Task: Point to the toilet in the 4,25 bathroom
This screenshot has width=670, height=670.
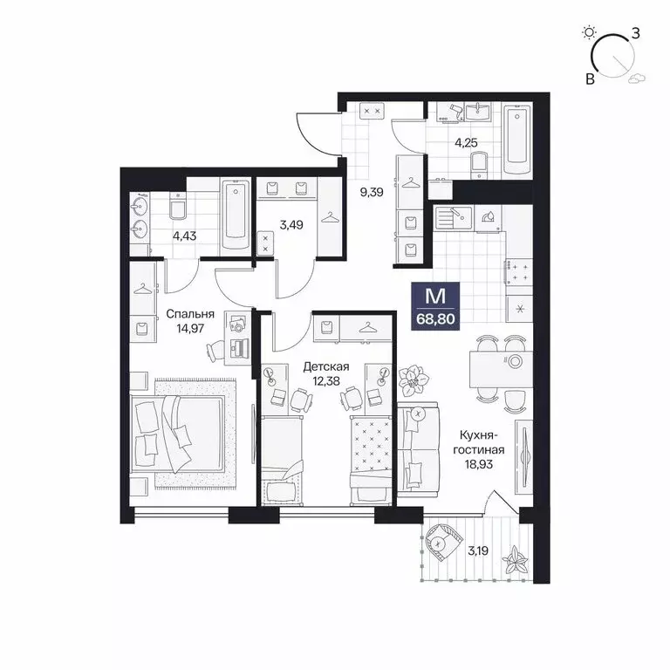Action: click(477, 162)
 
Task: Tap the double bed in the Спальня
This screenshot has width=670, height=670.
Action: click(179, 433)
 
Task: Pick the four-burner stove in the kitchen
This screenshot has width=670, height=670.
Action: click(521, 273)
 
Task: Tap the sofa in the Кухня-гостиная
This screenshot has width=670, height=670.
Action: click(420, 451)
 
